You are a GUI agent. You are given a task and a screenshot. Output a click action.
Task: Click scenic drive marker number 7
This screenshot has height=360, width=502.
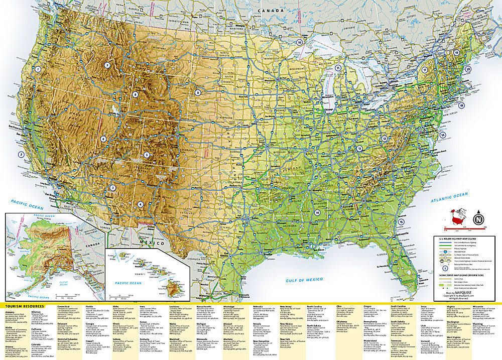(107, 65)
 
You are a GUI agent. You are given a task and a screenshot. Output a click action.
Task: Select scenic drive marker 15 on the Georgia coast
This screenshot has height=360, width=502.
(401, 222)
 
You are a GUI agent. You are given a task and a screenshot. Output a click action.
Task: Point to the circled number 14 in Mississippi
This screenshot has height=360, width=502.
(317, 212)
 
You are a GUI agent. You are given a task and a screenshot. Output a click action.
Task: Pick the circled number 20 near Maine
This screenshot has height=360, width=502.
(468, 69)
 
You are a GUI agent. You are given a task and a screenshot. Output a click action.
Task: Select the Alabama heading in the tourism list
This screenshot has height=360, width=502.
(10, 312)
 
